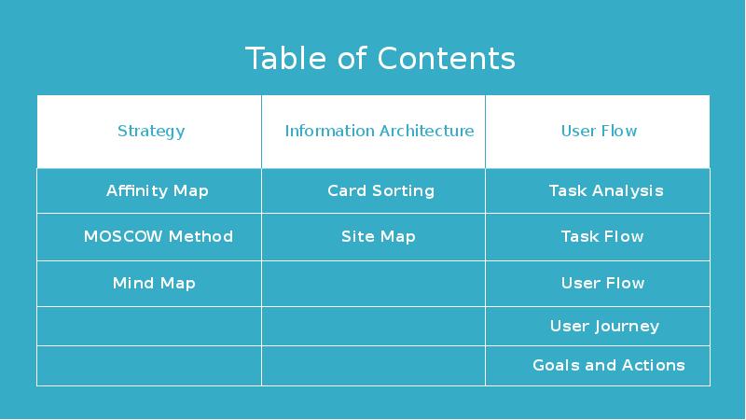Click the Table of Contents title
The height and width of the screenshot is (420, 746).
click(x=380, y=58)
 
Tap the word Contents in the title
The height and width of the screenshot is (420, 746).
click(x=447, y=58)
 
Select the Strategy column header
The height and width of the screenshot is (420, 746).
click(x=151, y=131)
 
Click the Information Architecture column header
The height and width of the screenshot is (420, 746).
click(x=379, y=131)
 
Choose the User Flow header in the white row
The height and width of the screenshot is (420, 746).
click(x=599, y=131)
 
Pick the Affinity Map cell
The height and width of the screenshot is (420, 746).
click(x=157, y=190)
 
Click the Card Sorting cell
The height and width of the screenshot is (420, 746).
click(x=380, y=190)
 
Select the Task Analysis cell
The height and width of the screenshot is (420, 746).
click(x=605, y=190)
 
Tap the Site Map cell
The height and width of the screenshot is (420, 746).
click(x=378, y=236)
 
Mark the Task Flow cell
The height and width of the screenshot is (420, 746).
click(x=601, y=236)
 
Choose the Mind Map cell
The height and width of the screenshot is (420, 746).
click(x=154, y=283)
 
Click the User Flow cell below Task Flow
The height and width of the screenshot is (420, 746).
click(x=602, y=283)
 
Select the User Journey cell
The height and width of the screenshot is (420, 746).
click(x=604, y=326)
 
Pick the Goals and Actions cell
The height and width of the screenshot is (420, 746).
click(x=608, y=365)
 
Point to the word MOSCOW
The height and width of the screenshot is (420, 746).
click(x=117, y=236)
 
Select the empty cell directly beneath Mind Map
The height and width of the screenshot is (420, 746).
click(x=149, y=326)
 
